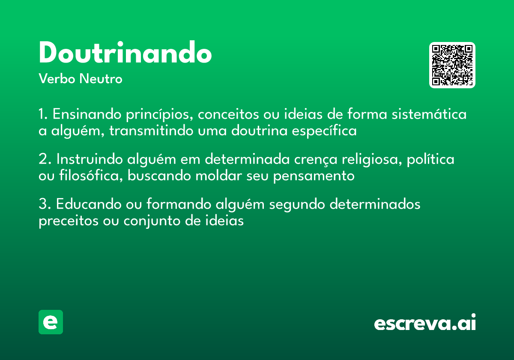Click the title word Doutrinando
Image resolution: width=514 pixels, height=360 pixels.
125,52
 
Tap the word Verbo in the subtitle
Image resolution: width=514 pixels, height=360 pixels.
57,79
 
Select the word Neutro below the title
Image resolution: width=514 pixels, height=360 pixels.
101,79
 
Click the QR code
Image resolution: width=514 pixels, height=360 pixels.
452,65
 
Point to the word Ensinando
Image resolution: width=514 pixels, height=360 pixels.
87,114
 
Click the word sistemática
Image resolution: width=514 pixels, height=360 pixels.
429,114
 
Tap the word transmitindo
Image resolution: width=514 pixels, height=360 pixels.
151,131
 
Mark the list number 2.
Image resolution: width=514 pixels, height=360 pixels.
45,159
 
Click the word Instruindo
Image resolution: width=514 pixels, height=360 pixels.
90,159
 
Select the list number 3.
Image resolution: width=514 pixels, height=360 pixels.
45,204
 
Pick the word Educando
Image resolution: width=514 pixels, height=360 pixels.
89,204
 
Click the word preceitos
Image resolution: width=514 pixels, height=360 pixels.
69,221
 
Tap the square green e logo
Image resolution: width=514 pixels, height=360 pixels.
51,322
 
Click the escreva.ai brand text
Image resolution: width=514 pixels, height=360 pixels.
425,322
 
